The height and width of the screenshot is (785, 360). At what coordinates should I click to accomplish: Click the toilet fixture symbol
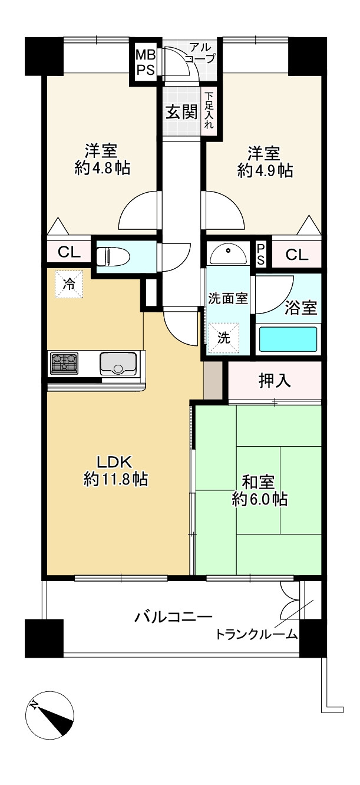[x=113, y=256]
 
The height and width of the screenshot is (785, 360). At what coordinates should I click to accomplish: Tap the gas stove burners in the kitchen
[x=64, y=363]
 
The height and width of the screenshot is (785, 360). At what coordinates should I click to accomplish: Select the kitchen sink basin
[x=118, y=364]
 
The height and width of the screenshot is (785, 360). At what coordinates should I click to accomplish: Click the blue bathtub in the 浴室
[x=288, y=339]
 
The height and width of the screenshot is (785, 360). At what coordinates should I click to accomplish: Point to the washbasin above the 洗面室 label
[x=229, y=254]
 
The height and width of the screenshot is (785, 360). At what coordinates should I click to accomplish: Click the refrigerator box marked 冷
[x=69, y=284]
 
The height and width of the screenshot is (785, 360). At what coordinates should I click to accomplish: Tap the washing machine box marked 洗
[x=224, y=338]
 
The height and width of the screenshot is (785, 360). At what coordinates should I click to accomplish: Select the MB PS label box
[x=146, y=62]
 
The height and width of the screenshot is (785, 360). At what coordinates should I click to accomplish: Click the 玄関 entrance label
[x=181, y=112]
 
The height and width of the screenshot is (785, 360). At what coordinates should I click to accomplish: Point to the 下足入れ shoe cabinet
[x=209, y=110]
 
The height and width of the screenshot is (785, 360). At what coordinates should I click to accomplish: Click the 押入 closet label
[x=275, y=381]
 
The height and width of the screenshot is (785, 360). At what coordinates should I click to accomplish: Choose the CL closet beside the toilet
[x=69, y=252]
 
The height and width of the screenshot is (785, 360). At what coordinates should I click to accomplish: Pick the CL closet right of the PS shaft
[x=297, y=255]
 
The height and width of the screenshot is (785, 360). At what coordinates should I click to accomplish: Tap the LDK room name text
[x=114, y=462]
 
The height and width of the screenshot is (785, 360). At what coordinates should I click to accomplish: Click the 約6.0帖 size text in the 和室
[x=259, y=500]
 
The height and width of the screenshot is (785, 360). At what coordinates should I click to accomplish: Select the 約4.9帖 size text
[x=265, y=171]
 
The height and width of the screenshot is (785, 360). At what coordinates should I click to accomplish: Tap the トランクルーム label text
[x=256, y=634]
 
